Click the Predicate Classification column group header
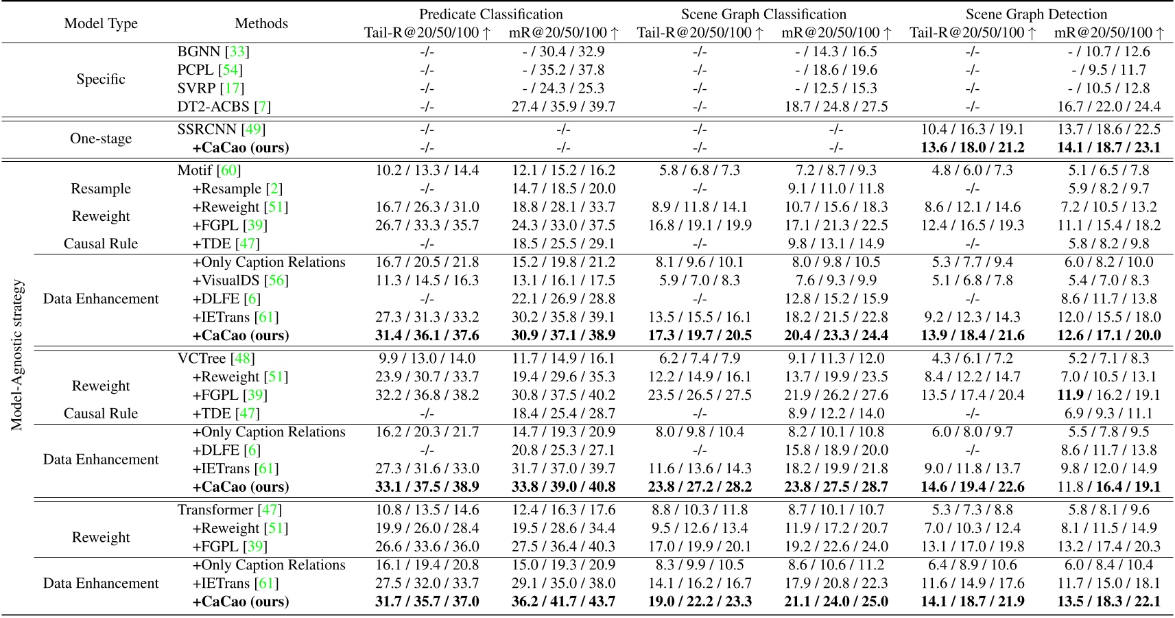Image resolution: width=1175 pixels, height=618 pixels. (490, 14)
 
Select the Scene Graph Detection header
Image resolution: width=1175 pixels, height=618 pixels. (1036, 14)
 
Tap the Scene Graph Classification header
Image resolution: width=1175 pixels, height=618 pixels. (763, 14)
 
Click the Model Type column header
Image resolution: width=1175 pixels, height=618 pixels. (101, 23)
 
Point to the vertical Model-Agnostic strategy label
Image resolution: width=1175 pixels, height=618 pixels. (17, 355)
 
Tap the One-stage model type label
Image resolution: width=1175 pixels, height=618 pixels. (101, 138)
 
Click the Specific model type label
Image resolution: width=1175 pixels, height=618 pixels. (101, 79)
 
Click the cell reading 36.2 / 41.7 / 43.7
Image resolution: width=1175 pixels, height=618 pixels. (562, 602)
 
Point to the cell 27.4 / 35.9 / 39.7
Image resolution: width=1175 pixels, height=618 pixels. (562, 106)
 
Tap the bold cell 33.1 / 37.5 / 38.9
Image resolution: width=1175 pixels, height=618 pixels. (427, 487)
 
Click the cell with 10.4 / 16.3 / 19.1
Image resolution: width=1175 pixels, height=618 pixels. (972, 129)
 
